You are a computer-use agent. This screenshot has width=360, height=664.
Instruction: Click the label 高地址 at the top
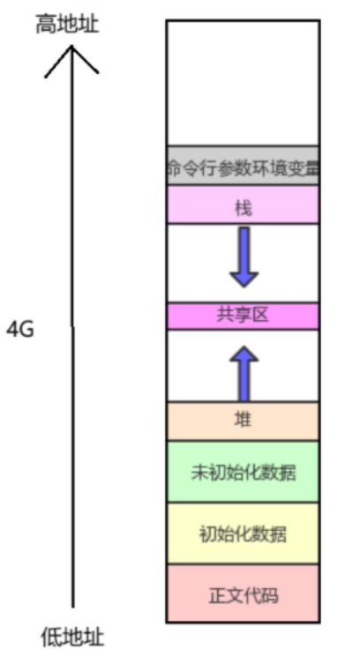pyautogui.click(x=67, y=24)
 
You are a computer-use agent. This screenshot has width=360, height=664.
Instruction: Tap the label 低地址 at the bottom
pyautogui.click(x=72, y=637)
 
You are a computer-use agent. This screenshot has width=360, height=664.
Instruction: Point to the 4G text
pyautogui.click(x=20, y=330)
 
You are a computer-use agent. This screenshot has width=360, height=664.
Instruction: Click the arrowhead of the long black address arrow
pyautogui.click(x=71, y=46)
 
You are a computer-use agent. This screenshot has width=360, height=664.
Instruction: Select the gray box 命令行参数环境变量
pyautogui.click(x=243, y=165)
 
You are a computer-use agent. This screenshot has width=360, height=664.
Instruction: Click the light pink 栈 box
pyautogui.click(x=243, y=205)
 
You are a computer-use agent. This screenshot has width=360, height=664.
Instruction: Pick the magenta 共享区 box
pyautogui.click(x=243, y=316)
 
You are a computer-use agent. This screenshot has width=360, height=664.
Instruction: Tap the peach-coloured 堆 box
pyautogui.click(x=243, y=421)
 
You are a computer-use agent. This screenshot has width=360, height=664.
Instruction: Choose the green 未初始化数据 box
pyautogui.click(x=243, y=472)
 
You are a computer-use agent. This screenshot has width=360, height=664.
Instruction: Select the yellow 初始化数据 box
pyautogui.click(x=243, y=533)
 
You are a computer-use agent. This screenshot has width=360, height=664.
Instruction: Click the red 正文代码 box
pyautogui.click(x=243, y=593)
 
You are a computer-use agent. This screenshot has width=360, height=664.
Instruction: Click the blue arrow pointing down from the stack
pyautogui.click(x=244, y=257)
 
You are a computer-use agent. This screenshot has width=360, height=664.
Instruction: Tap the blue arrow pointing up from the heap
pyautogui.click(x=244, y=374)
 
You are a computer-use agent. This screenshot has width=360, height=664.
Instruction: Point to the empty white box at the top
pyautogui.click(x=243, y=83)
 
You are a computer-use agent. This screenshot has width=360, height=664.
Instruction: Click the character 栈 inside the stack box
pyautogui.click(x=244, y=208)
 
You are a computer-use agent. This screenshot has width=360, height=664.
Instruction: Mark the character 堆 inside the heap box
pyautogui.click(x=244, y=419)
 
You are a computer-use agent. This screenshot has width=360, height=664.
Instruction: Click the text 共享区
pyautogui.click(x=243, y=315)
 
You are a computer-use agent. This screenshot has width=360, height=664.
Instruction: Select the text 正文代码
pyautogui.click(x=244, y=595)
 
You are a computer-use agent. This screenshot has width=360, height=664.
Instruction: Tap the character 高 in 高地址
pyautogui.click(x=46, y=24)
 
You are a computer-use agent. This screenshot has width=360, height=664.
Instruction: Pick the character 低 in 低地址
pyautogui.click(x=51, y=637)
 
